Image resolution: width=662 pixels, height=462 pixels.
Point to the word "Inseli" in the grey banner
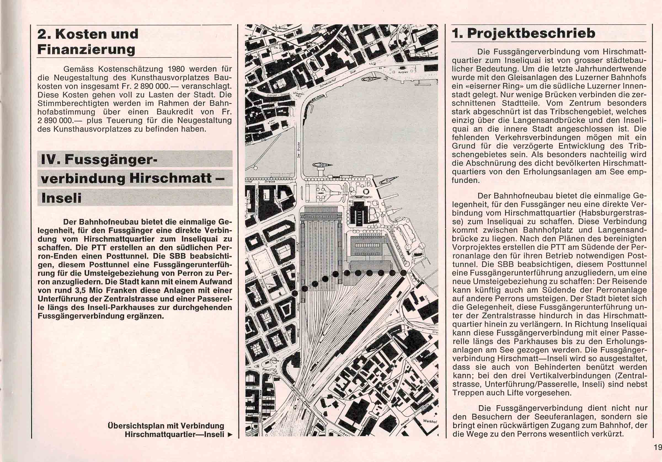pos(61,198)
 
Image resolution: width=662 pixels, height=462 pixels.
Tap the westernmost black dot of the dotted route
pos(295,293)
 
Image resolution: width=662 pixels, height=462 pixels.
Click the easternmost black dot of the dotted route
pos(404,273)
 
